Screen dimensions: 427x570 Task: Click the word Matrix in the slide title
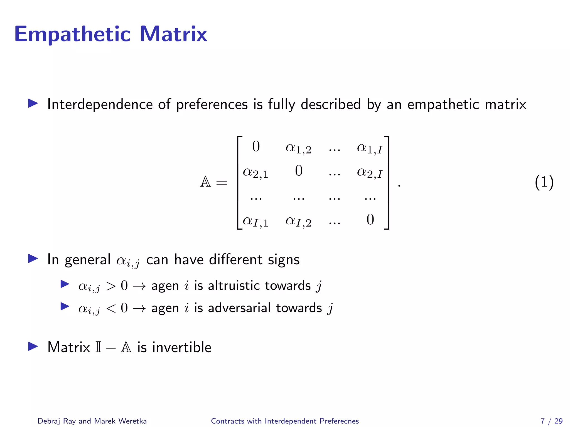(173, 34)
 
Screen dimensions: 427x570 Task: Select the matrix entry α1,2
(298, 148)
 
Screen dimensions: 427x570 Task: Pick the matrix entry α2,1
(255, 172)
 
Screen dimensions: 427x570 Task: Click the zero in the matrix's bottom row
(370, 220)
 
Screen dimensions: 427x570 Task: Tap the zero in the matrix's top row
(256, 147)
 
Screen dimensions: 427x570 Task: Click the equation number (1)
(544, 183)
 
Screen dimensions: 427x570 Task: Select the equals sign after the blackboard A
(222, 183)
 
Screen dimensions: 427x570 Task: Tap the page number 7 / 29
(551, 421)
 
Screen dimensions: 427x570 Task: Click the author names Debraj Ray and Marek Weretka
(92, 421)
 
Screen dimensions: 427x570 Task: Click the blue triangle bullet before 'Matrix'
(33, 346)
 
